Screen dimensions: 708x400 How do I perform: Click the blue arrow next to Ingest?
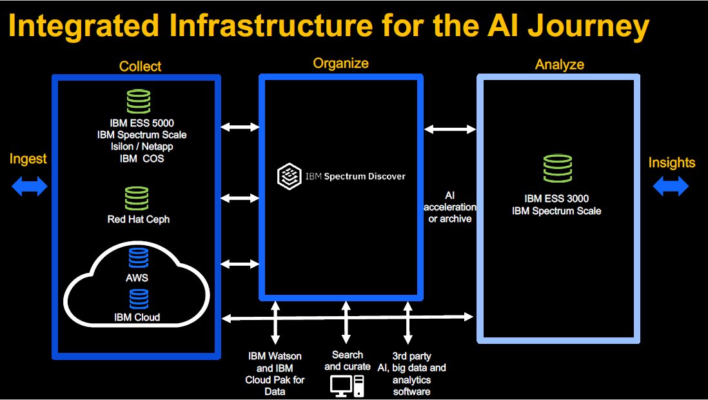[x=30, y=186]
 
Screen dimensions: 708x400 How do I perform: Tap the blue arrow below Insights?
[x=671, y=186]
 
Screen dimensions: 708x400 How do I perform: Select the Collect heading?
[x=140, y=66]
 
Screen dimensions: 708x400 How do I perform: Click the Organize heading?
[x=341, y=63]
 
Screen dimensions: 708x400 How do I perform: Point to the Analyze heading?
[x=560, y=65]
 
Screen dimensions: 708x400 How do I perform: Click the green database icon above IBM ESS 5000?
[x=139, y=101]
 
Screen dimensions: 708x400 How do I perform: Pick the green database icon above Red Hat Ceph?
[x=137, y=199]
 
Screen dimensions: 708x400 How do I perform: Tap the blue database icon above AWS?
[x=138, y=258]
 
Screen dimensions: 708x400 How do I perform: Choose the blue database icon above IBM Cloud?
[x=139, y=299]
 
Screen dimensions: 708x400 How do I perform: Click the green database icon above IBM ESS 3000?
[x=558, y=168]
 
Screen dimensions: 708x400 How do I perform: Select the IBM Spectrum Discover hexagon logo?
[x=289, y=176]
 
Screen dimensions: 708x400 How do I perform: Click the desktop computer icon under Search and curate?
[x=347, y=386]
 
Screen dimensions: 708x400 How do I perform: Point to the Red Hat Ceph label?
[x=139, y=219]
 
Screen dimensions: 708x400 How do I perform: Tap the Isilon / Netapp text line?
[x=142, y=146]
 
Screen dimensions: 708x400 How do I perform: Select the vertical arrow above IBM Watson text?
[x=275, y=323]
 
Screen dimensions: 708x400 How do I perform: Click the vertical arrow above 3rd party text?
[x=408, y=323]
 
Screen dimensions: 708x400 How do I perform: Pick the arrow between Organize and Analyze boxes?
[x=450, y=130]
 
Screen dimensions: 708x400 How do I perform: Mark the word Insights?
[x=672, y=163]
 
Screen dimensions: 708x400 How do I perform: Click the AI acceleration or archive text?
[x=449, y=208]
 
